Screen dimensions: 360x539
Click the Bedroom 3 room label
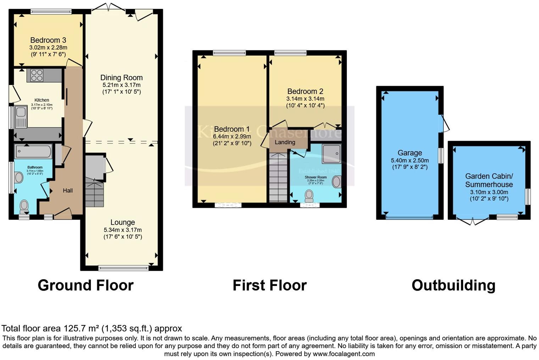pyautogui.click(x=48, y=40)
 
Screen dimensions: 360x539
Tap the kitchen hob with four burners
pyautogui.click(x=37, y=75)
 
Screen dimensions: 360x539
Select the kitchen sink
pyautogui.click(x=21, y=117)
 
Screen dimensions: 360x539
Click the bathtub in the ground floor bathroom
pyautogui.click(x=33, y=151)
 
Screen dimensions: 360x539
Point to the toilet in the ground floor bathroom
pyautogui.click(x=24, y=205)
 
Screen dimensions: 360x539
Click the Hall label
pyautogui.click(x=68, y=191)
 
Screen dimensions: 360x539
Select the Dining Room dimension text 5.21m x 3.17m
pyautogui.click(x=121, y=85)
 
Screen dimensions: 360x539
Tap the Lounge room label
pyautogui.click(x=122, y=223)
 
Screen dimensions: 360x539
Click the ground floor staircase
pyautogui.click(x=94, y=193)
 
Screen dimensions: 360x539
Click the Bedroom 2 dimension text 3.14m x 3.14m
pyautogui.click(x=305, y=99)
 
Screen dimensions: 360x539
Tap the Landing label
pyautogui.click(x=285, y=142)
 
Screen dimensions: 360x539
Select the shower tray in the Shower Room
pyautogui.click(x=331, y=153)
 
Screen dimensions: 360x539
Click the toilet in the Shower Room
pyautogui.click(x=309, y=195)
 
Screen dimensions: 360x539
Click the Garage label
pyautogui.click(x=410, y=153)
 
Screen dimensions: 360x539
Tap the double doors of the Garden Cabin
pyautogui.click(x=473, y=221)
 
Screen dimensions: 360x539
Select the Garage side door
pyautogui.click(x=444, y=124)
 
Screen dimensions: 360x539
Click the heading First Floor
pyautogui.click(x=269, y=285)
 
